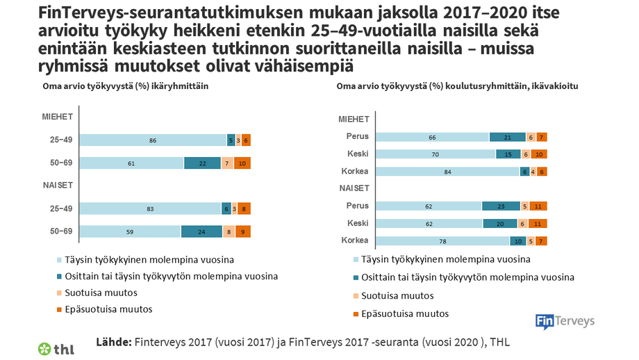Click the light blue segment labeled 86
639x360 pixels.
click(153, 140)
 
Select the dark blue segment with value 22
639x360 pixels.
click(202, 163)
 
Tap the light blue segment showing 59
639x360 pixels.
click(130, 232)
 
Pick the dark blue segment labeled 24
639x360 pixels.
click(201, 232)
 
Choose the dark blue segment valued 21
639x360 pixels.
click(506, 137)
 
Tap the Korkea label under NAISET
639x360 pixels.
click(355, 241)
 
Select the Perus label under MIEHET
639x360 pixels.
click(358, 137)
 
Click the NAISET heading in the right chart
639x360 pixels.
click(354, 188)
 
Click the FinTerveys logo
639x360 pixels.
click(565, 320)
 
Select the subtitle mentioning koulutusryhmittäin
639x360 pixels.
click(457, 86)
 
